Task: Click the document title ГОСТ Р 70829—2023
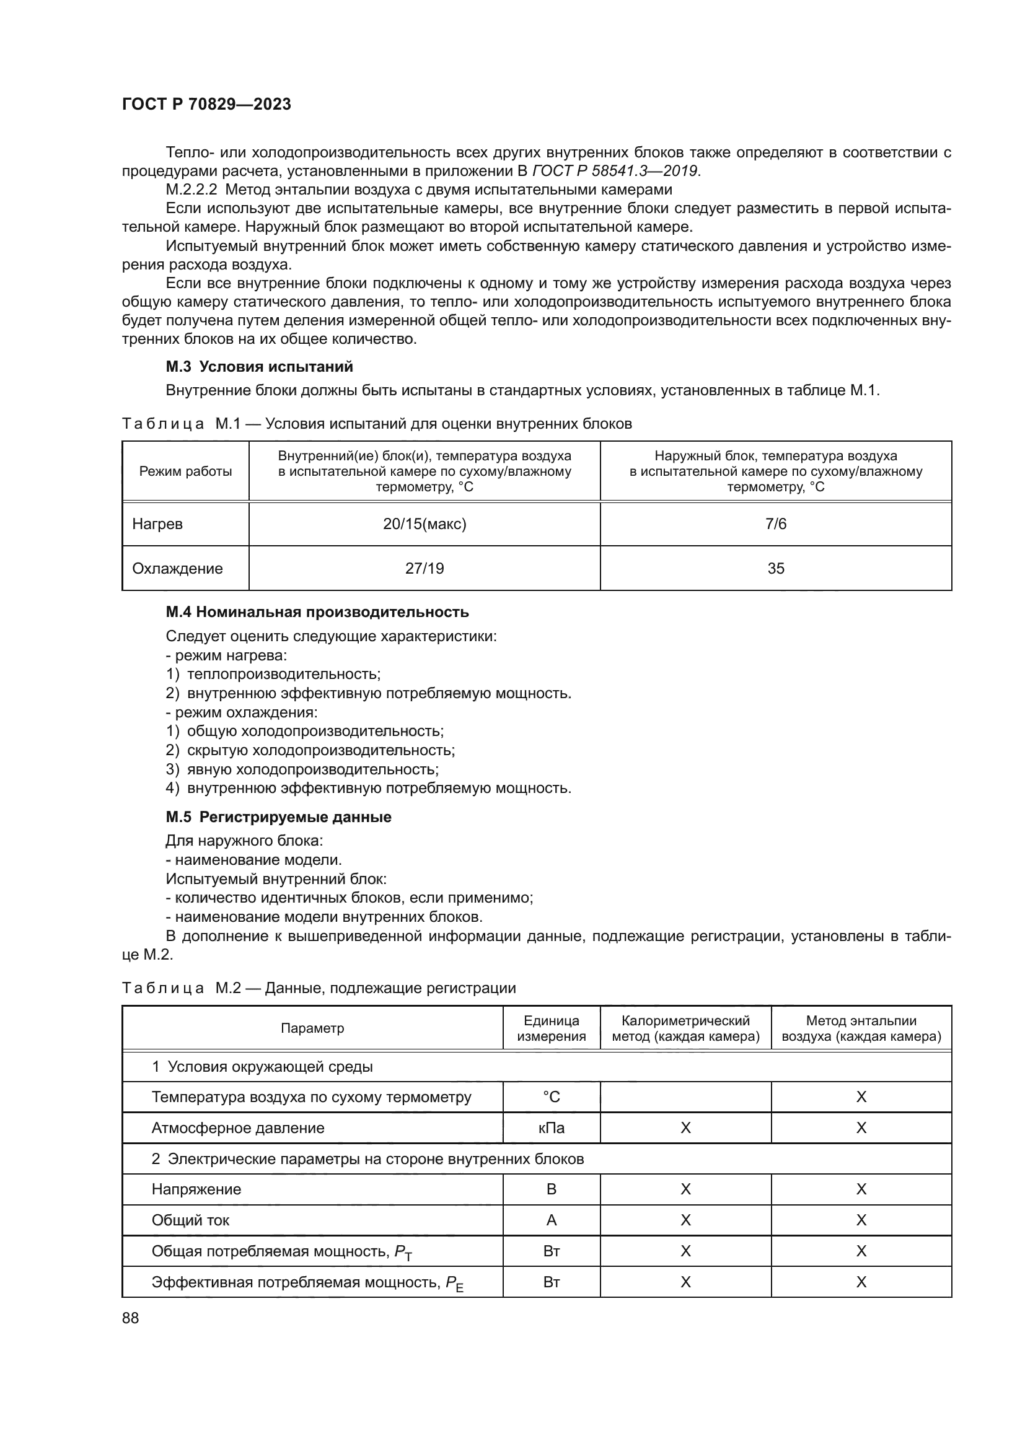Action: [206, 104]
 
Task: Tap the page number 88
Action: [131, 1318]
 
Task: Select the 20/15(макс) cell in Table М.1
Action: [424, 524]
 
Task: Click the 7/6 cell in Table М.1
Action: [776, 524]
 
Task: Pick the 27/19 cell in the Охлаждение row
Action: [424, 569]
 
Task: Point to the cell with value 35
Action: [776, 569]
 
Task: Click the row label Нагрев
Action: [157, 524]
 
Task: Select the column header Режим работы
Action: [185, 471]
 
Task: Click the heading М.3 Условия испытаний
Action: [259, 367]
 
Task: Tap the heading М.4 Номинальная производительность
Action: [317, 611]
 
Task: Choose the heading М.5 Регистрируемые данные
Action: [278, 816]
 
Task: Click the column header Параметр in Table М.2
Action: [312, 1028]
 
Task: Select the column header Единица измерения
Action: [551, 1028]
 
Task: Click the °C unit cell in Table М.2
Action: [551, 1097]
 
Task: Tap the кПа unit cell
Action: [551, 1127]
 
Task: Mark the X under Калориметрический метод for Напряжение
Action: [685, 1189]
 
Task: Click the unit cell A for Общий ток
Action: [551, 1220]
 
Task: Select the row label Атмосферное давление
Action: [238, 1127]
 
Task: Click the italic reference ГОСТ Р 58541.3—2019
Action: [615, 171]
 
